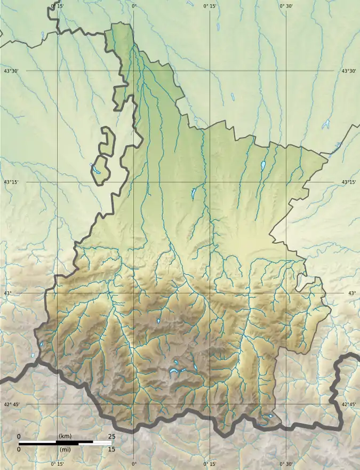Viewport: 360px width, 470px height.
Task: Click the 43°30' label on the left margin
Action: pyautogui.click(x=12, y=71)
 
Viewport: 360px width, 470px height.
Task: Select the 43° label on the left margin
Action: pyautogui.click(x=7, y=293)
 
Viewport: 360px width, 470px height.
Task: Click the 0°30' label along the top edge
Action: pyautogui.click(x=286, y=6)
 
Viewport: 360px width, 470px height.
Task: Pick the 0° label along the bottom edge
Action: pyautogui.click(x=134, y=464)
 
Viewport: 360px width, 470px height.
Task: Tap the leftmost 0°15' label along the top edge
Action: pyautogui.click(x=57, y=6)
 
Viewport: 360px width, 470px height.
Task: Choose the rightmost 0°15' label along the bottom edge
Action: pyautogui.click(x=210, y=464)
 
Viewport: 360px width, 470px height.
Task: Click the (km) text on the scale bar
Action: pyautogui.click(x=65, y=436)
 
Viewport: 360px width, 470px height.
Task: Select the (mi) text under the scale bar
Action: pyautogui.click(x=65, y=449)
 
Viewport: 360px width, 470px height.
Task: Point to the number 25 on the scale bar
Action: pyautogui.click(x=111, y=436)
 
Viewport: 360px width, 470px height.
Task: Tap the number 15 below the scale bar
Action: pyautogui.click(x=111, y=449)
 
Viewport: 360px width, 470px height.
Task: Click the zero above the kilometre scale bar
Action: pyautogui.click(x=19, y=436)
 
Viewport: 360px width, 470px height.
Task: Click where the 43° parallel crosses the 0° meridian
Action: pyautogui.click(x=133, y=293)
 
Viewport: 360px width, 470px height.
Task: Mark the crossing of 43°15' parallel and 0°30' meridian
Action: pyautogui.click(x=286, y=182)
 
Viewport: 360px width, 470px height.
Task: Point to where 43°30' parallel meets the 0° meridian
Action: pyautogui.click(x=133, y=70)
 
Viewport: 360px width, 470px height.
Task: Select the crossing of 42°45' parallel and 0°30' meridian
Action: pyautogui.click(x=286, y=404)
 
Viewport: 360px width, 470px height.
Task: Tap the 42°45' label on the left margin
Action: pyautogui.click(x=12, y=405)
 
